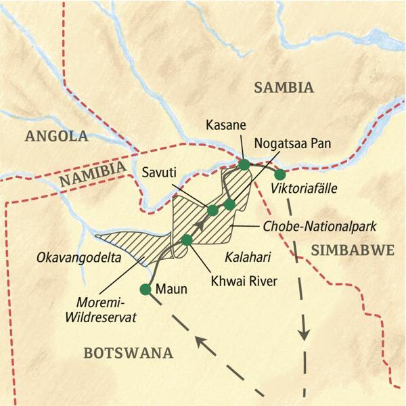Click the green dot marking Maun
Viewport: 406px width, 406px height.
(x=145, y=290)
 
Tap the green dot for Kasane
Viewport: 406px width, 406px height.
(x=244, y=164)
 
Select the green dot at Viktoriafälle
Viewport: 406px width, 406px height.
(x=280, y=174)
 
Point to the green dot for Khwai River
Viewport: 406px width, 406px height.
(x=187, y=240)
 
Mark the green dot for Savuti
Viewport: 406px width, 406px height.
(x=212, y=210)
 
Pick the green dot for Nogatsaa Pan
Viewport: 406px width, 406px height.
(x=229, y=204)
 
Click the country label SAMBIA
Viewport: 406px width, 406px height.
(x=284, y=87)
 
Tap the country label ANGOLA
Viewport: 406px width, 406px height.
(x=56, y=137)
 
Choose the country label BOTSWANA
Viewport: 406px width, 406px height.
(x=128, y=353)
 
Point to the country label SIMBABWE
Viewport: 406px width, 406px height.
(x=353, y=250)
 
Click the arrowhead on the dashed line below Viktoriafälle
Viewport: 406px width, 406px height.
(x=305, y=333)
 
